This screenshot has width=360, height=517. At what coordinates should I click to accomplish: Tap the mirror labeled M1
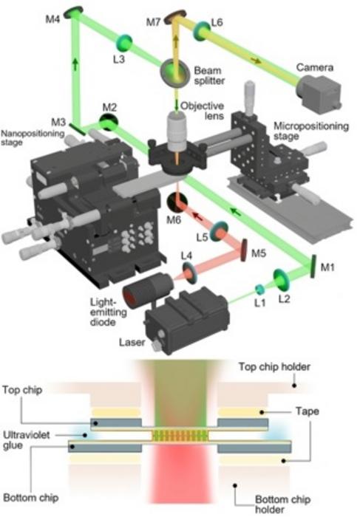tap(313, 264)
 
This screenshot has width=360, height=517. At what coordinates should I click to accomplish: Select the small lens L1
tap(259, 289)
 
